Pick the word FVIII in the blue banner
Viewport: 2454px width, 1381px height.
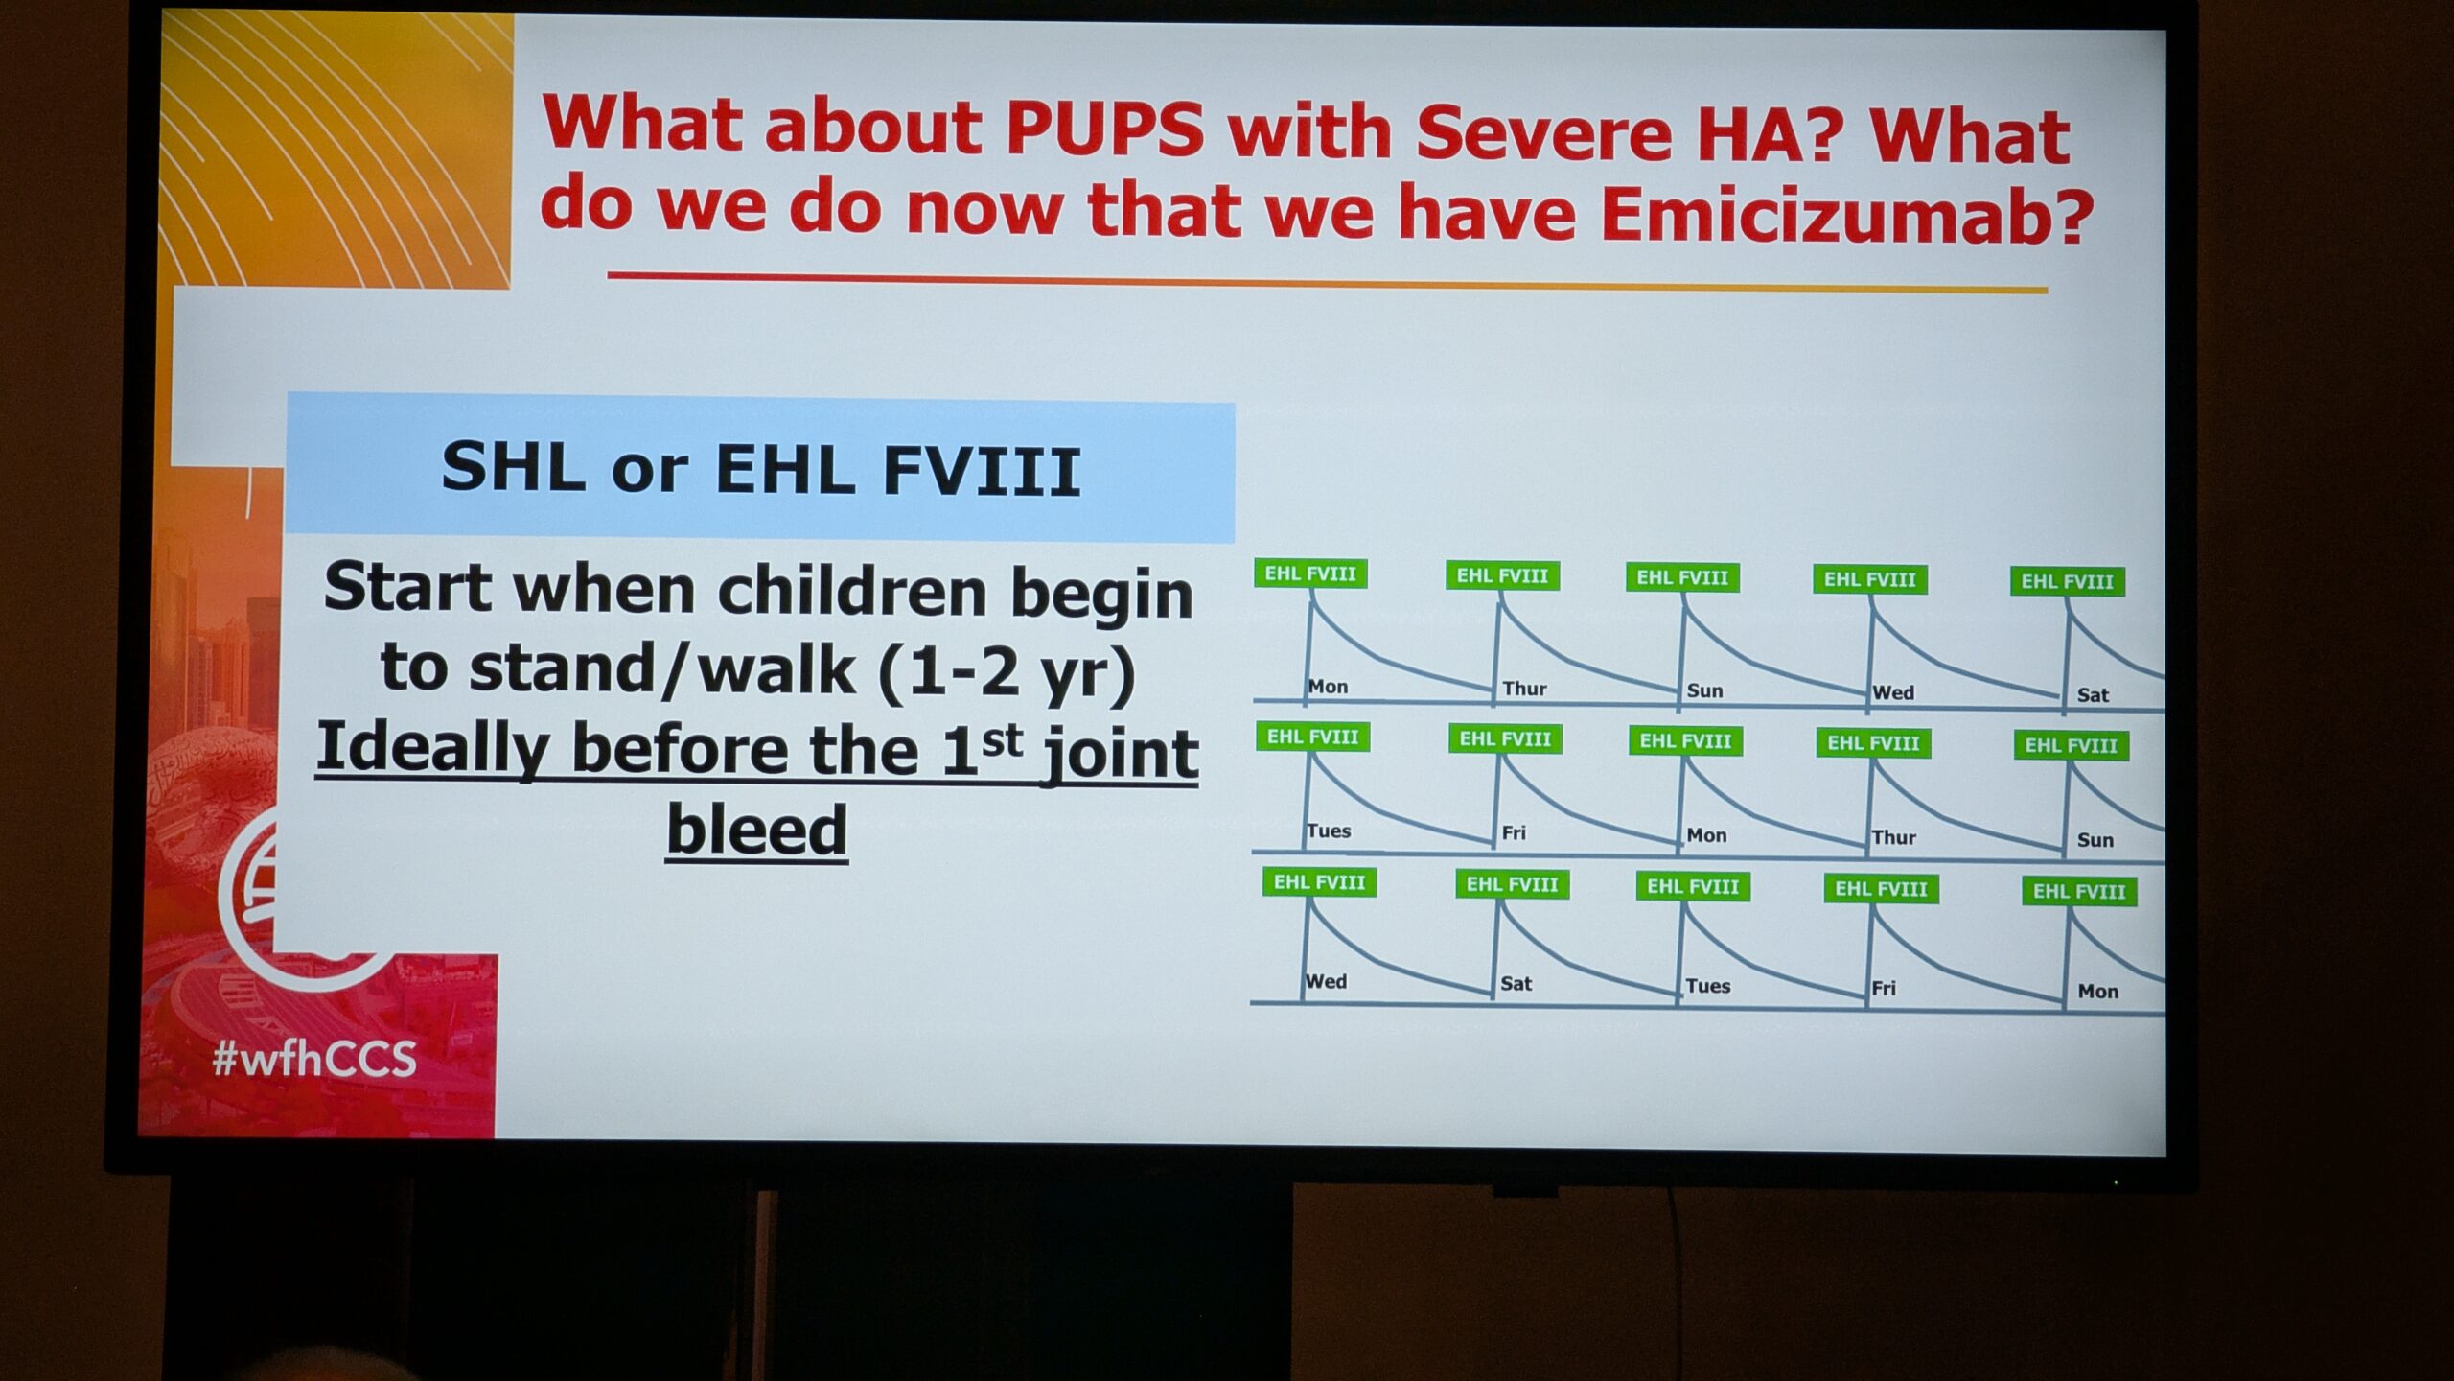[x=983, y=472]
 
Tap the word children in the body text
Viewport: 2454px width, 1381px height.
[x=851, y=592]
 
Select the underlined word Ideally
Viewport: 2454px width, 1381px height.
[x=431, y=748]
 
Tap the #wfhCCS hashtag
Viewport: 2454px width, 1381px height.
[x=314, y=1059]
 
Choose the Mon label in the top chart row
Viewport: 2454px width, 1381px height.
[x=1329, y=687]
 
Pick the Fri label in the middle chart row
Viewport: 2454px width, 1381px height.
[x=1514, y=832]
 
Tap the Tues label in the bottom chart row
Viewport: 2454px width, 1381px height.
[x=1708, y=986]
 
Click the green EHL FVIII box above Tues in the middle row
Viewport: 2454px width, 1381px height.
[x=1312, y=737]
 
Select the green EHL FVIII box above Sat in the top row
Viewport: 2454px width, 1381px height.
[x=2068, y=581]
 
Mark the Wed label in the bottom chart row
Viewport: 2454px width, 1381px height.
[x=1327, y=982]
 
